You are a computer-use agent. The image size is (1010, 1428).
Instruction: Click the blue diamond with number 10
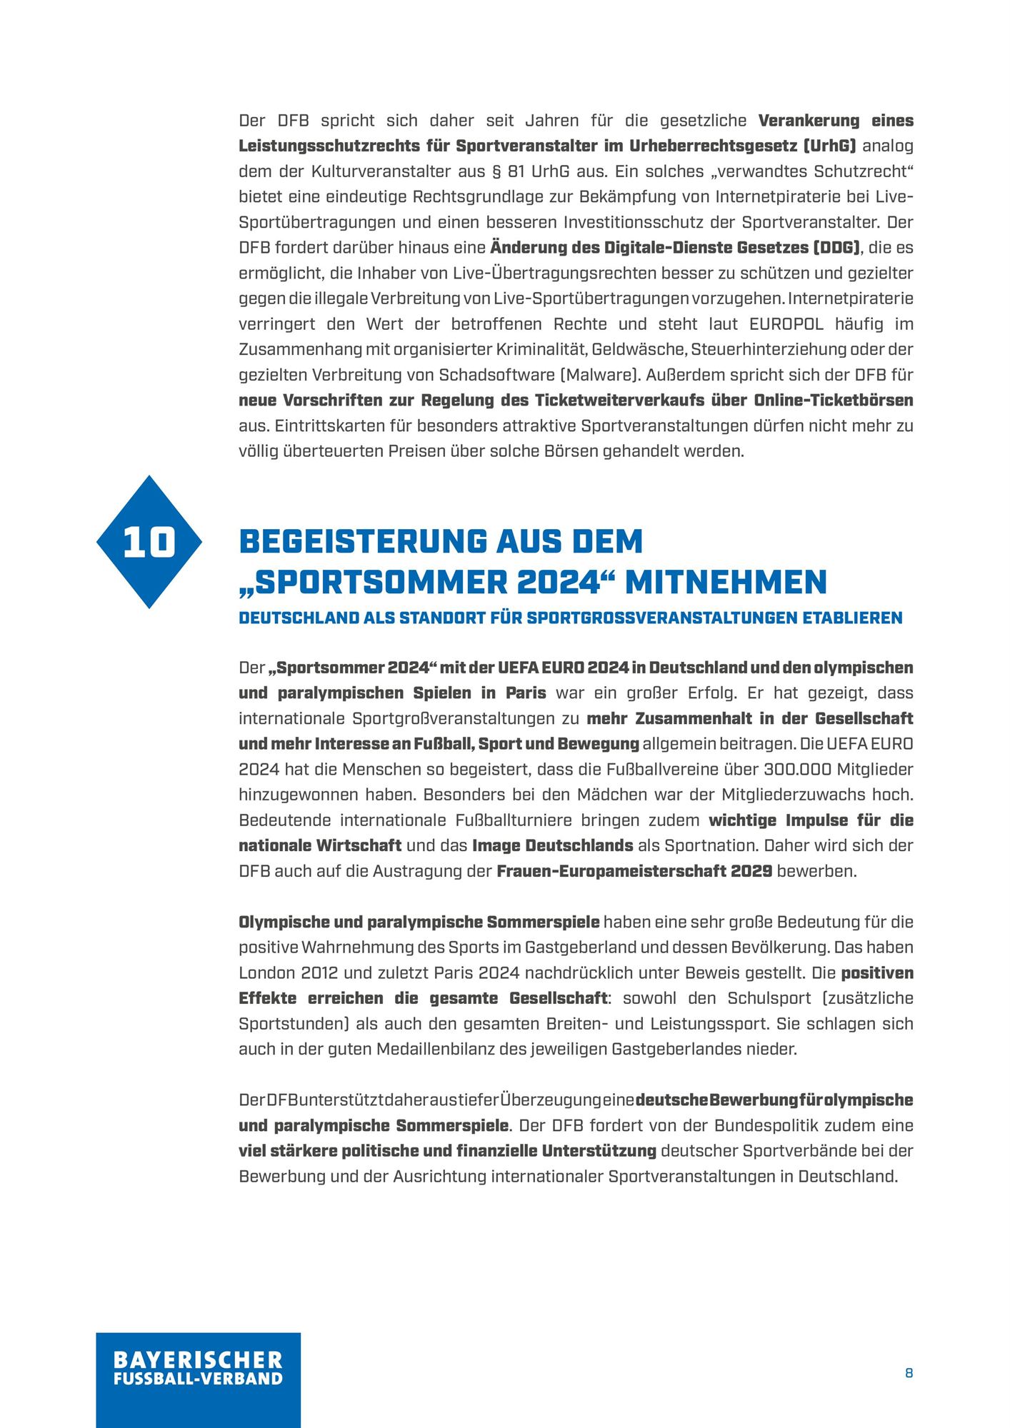coord(149,542)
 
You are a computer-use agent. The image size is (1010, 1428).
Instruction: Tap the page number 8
coord(909,1373)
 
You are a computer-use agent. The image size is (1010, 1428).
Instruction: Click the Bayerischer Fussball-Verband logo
coord(198,1374)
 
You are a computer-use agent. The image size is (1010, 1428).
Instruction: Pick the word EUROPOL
coord(786,324)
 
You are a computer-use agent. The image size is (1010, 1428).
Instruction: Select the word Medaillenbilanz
coord(487,1050)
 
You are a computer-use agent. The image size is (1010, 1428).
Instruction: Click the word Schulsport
coord(769,998)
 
